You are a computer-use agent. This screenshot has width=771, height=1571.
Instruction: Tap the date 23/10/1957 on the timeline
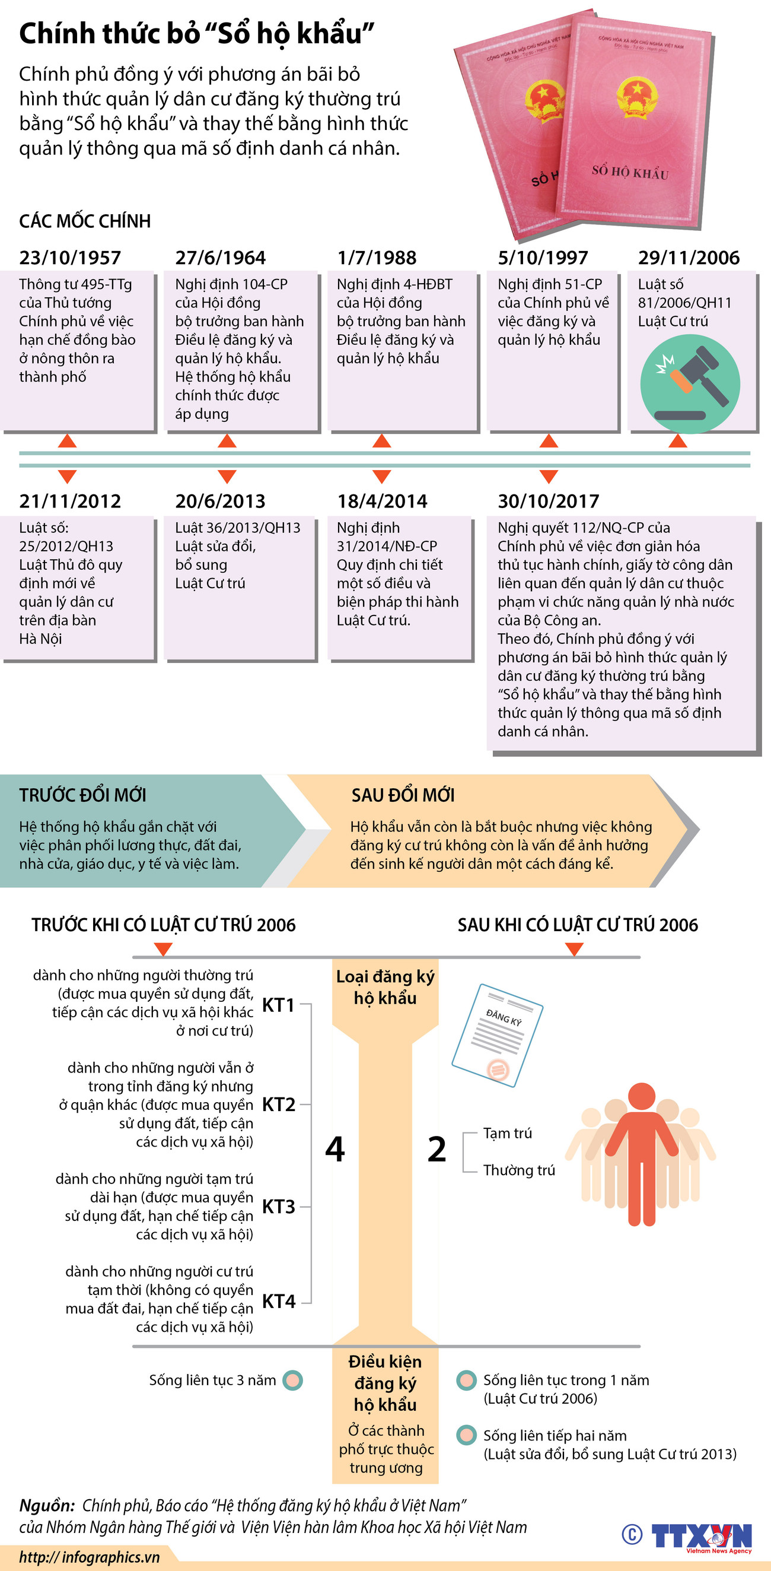[70, 258]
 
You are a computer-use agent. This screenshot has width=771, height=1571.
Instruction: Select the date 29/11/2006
[689, 258]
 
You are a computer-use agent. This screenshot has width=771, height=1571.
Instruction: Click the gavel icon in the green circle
[690, 383]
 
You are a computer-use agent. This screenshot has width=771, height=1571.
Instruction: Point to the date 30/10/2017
[549, 501]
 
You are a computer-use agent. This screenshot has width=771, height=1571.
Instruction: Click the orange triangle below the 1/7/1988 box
[381, 441]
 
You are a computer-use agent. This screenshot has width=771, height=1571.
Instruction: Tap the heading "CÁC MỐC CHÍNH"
[85, 221]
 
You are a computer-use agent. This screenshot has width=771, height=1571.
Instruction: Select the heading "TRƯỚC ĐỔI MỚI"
[82, 795]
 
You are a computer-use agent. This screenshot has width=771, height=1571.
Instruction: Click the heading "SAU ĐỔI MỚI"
[403, 795]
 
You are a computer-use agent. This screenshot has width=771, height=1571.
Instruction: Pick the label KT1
[279, 1004]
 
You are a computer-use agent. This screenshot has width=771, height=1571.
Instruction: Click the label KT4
[279, 1301]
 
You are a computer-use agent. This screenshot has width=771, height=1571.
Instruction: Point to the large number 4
[334, 1149]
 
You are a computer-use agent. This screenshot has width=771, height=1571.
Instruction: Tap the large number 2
[437, 1149]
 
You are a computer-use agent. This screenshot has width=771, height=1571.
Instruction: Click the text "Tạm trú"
[507, 1133]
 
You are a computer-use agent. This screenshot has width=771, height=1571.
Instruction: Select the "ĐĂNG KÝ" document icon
[497, 1035]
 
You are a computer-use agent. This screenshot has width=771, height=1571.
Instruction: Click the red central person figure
[641, 1153]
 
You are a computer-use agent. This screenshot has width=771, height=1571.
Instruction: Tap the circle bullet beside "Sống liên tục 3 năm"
[293, 1380]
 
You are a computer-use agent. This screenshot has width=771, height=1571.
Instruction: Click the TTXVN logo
[701, 1535]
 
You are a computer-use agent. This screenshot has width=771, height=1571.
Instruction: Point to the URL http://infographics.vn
[90, 1557]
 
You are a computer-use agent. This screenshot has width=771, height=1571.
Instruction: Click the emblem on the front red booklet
[636, 97]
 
